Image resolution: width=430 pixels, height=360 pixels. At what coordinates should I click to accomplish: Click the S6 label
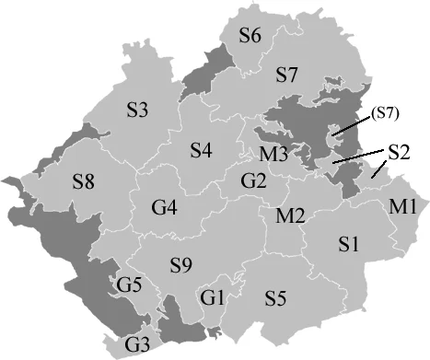pos(250,36)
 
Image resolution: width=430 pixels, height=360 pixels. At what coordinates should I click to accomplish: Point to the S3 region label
pos(137,110)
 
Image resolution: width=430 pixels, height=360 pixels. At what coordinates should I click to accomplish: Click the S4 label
pos(202,148)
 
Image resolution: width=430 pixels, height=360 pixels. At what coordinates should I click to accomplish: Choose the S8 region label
pos(84,182)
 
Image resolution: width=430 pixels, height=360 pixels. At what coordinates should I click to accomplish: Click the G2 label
pos(253,180)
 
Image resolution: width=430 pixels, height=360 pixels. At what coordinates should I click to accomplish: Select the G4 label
pos(165,207)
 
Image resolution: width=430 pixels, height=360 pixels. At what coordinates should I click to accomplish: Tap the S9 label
pos(180,266)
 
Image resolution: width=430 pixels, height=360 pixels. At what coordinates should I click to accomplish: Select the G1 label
pos(213,297)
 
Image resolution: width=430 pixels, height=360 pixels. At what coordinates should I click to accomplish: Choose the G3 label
pos(136,345)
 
